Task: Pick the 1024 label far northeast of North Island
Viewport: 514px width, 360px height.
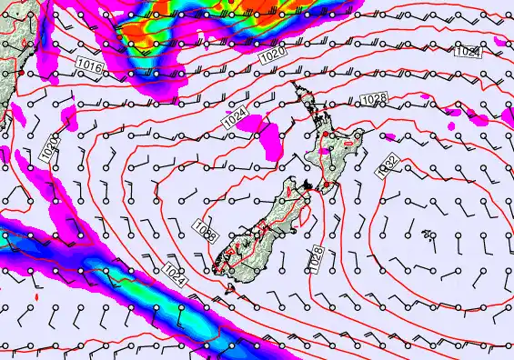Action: point(467,53)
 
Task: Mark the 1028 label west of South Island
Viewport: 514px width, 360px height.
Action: point(206,232)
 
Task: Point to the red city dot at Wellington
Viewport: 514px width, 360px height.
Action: point(326,185)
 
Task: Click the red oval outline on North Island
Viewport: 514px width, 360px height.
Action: point(348,144)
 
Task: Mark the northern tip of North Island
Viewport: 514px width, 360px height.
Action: point(293,84)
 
